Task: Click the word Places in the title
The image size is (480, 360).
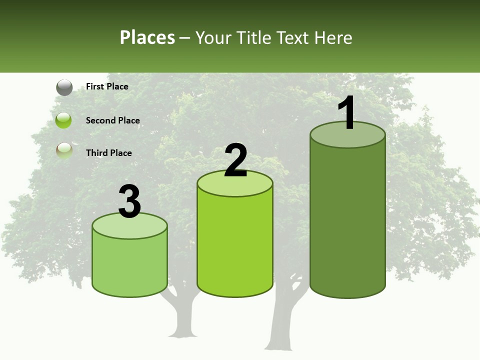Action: coord(147,37)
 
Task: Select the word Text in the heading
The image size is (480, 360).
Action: coord(292,37)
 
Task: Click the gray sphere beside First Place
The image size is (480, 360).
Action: coord(64,87)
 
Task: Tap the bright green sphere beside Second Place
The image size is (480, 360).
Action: coord(63,120)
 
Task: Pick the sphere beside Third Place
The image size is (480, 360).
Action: coord(64,151)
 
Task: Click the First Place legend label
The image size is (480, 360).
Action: coord(107,86)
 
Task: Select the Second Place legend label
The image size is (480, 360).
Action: coord(112,120)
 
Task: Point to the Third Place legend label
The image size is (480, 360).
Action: coord(108,153)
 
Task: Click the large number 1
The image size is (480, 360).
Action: coord(346,113)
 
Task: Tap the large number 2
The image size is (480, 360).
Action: coord(235,160)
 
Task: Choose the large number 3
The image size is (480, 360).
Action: coord(130,202)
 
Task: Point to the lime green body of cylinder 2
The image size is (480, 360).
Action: coord(235,245)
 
